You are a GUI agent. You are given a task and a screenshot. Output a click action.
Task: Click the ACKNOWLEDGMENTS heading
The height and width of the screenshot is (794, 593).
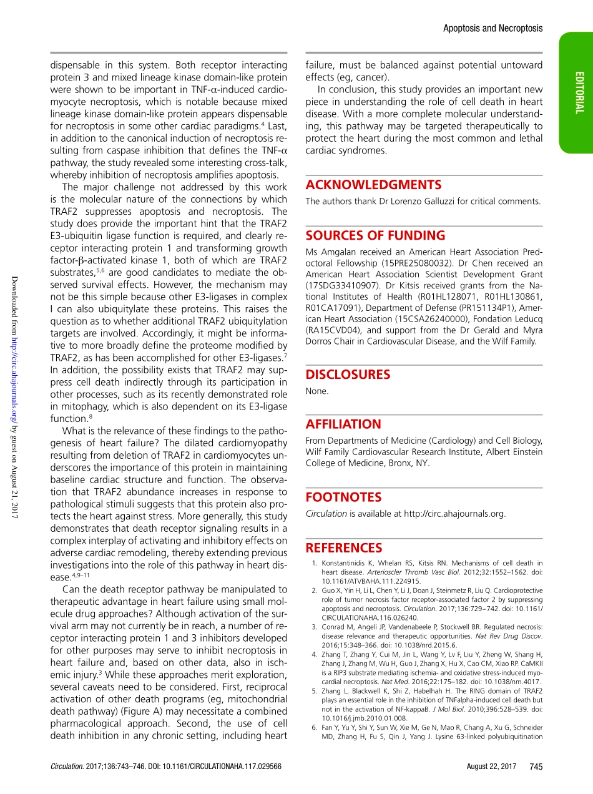[x=373, y=185]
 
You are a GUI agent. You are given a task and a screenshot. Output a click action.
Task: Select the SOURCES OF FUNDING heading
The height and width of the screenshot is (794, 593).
[x=375, y=235]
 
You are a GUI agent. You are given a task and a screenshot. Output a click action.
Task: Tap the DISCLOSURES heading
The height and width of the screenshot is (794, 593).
[x=348, y=375]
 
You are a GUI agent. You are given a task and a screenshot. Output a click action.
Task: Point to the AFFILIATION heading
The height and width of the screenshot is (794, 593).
[x=343, y=424]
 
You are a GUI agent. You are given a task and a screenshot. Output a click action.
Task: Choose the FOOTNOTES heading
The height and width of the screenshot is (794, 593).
[x=343, y=497]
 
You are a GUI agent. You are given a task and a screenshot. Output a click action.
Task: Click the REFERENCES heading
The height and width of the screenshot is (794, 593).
[x=343, y=548]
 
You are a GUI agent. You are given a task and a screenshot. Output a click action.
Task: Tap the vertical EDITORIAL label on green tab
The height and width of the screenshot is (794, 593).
[x=580, y=92]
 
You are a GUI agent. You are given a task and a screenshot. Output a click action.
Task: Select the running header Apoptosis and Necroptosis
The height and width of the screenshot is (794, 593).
[x=493, y=28]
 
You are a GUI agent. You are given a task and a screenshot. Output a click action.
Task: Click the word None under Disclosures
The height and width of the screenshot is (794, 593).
[x=316, y=391]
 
